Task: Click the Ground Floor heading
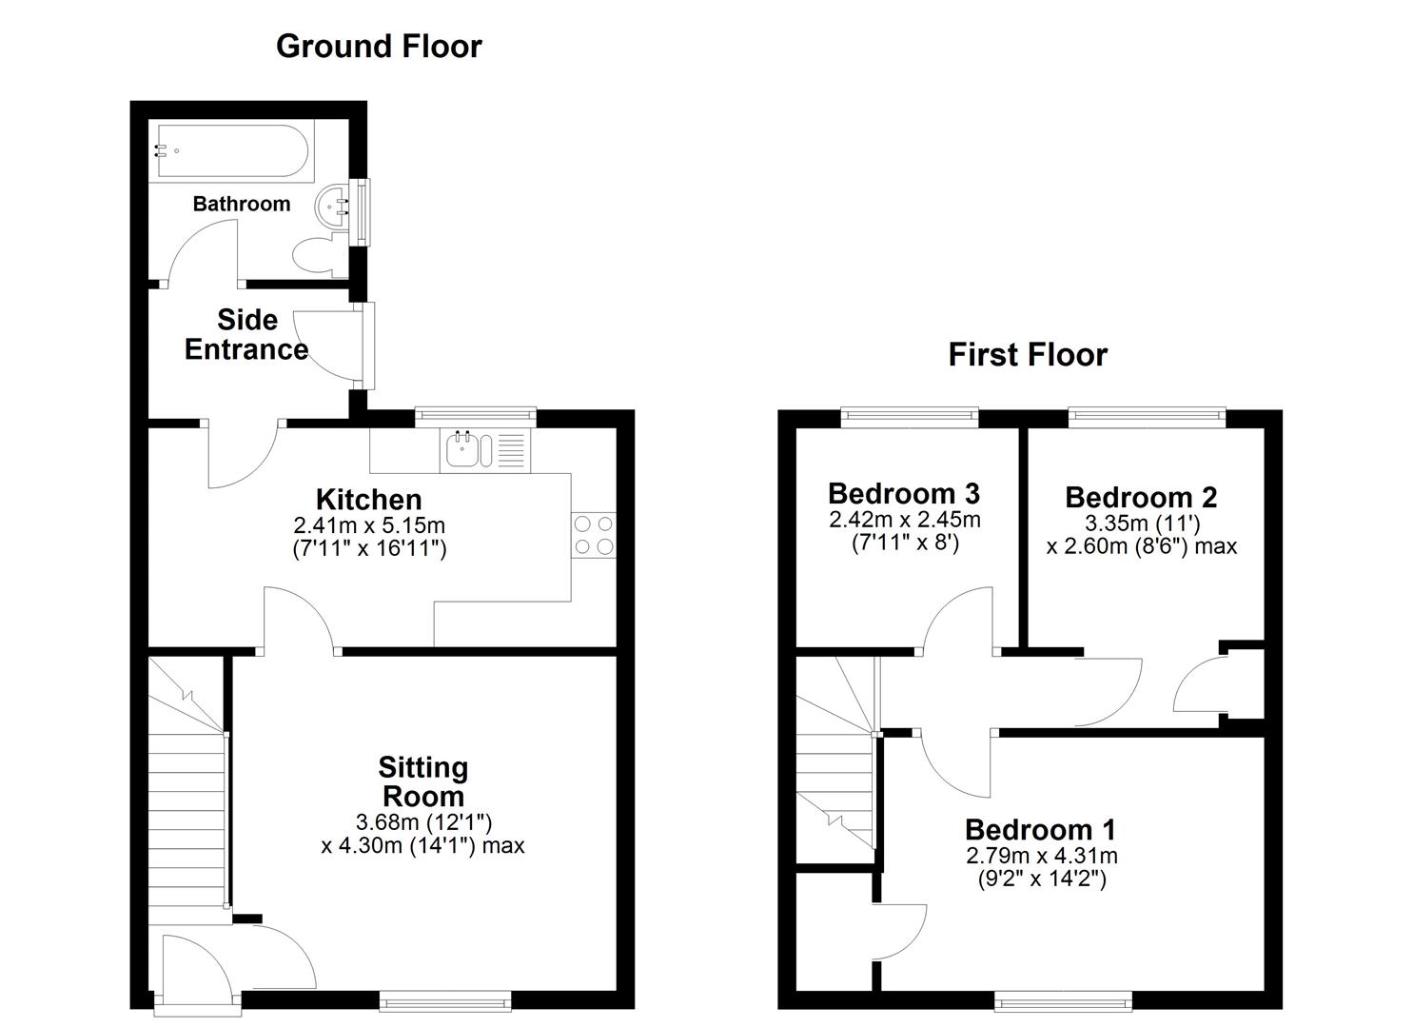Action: coord(379,46)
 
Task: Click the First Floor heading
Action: coord(1028,354)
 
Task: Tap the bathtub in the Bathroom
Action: coord(230,151)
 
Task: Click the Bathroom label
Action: coord(241,204)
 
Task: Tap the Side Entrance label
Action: coord(246,334)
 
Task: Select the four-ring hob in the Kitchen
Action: coord(593,534)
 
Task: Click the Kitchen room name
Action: coord(368,499)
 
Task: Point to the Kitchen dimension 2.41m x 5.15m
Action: coord(369,524)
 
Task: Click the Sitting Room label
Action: coord(422,781)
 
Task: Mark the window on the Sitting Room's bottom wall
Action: coord(444,999)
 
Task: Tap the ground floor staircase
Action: coord(186,809)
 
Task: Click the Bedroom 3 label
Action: coord(904,493)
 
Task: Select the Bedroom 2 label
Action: coord(1141,497)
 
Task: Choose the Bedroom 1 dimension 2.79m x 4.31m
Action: coord(1041,855)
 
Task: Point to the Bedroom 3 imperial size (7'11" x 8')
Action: coord(904,544)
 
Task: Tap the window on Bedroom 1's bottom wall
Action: coord(1063,999)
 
